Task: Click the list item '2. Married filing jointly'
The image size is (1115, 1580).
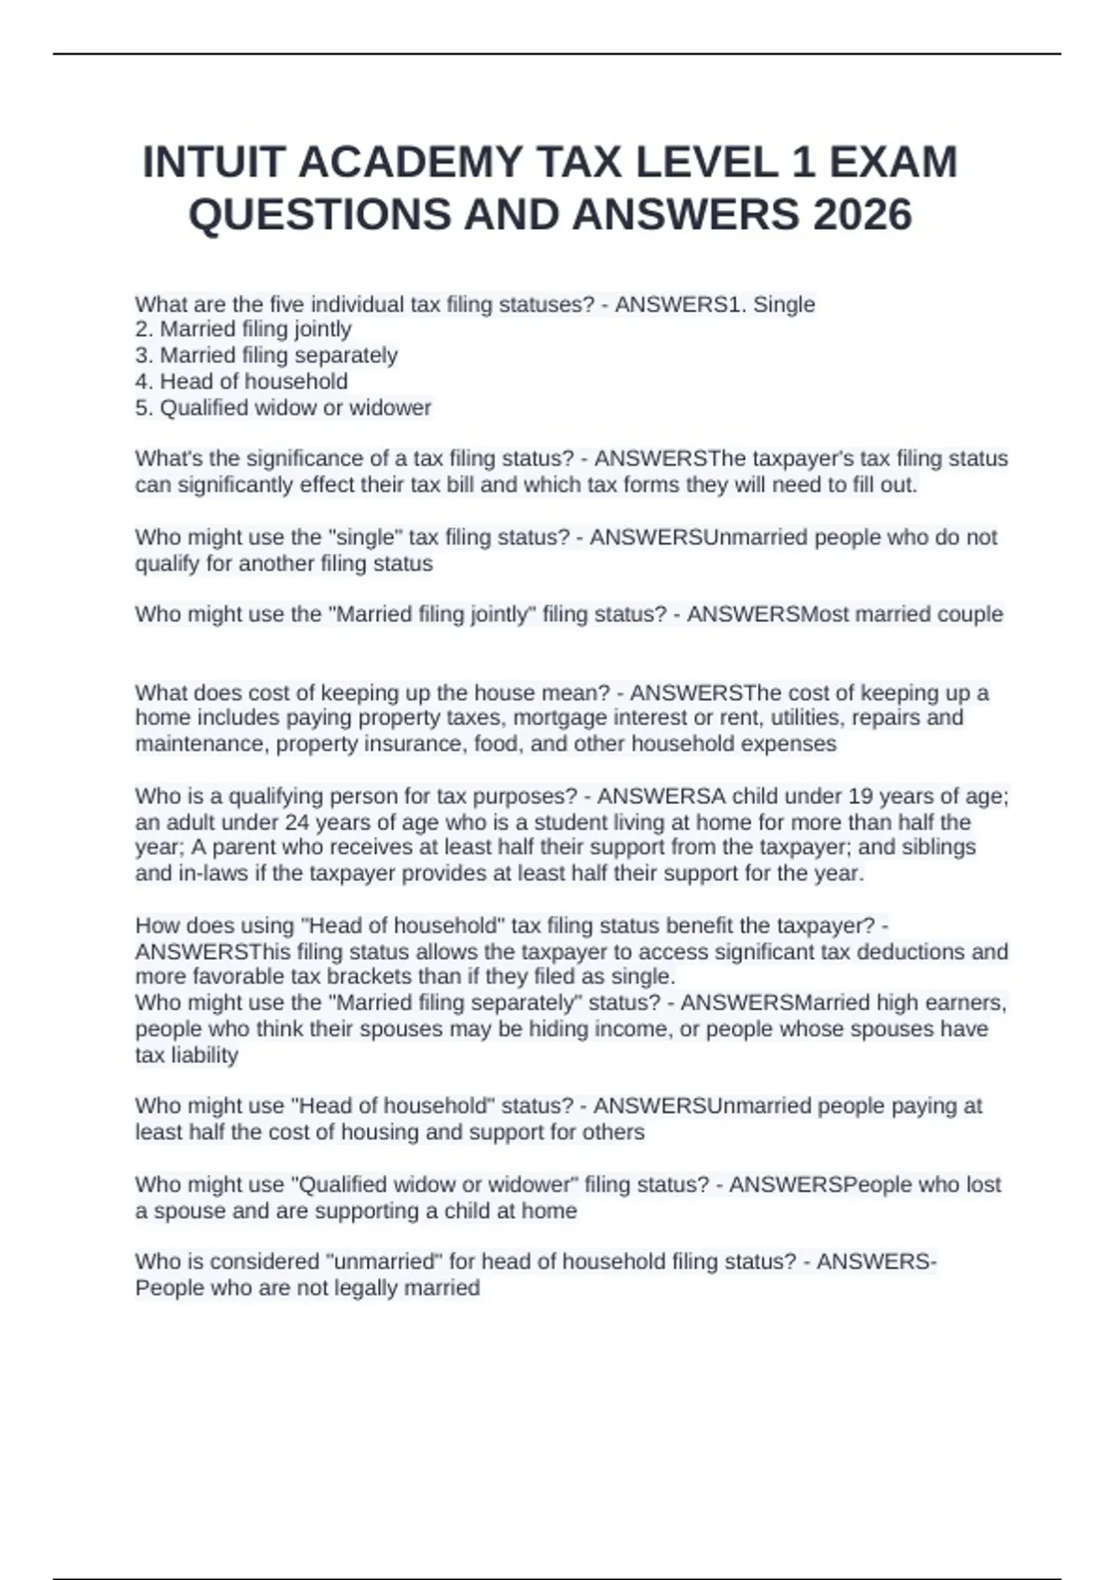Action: [x=243, y=329]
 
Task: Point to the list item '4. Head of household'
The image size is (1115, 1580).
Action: [x=242, y=381]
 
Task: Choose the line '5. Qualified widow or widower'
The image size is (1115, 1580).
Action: [x=283, y=407]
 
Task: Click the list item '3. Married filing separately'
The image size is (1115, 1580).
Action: [x=267, y=355]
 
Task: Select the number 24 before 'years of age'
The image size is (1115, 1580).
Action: [x=295, y=823]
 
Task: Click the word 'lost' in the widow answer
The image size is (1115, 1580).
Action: [x=982, y=1184]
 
